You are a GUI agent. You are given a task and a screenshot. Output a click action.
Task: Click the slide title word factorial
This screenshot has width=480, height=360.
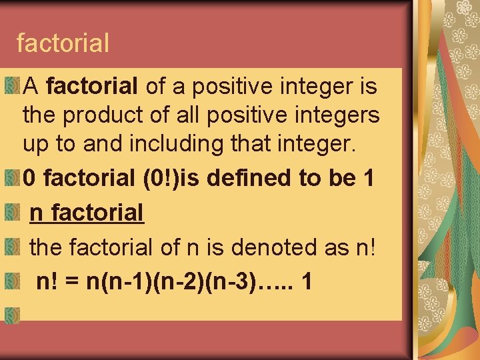coord(63,43)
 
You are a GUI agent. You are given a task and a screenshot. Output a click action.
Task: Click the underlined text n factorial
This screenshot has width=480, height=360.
coord(87,213)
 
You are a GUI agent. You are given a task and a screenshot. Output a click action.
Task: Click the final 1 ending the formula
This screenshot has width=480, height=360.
coord(306,281)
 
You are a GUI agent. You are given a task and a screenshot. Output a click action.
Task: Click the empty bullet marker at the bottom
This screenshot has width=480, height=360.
coord(11,313)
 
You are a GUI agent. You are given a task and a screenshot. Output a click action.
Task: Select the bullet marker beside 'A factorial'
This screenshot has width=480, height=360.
coord(11,85)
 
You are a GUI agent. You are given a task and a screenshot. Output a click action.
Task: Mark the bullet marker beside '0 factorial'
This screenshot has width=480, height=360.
coord(11,177)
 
